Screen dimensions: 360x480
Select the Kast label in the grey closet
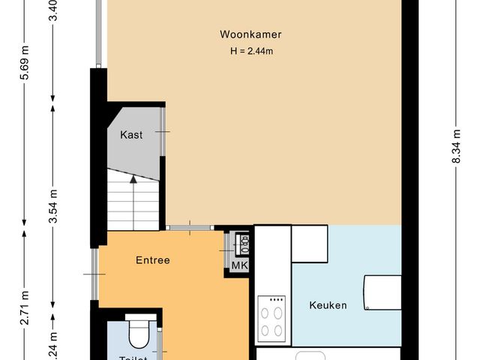point(131,135)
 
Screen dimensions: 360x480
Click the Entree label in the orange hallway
point(152,261)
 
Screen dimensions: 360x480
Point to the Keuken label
point(328,305)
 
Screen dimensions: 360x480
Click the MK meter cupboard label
point(239,265)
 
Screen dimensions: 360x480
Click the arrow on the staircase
point(133,180)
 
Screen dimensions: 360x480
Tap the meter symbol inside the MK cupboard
point(242,244)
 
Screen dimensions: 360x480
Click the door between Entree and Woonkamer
point(189,226)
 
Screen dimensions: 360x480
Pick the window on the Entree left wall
point(95,274)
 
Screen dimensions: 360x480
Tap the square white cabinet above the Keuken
point(310,243)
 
